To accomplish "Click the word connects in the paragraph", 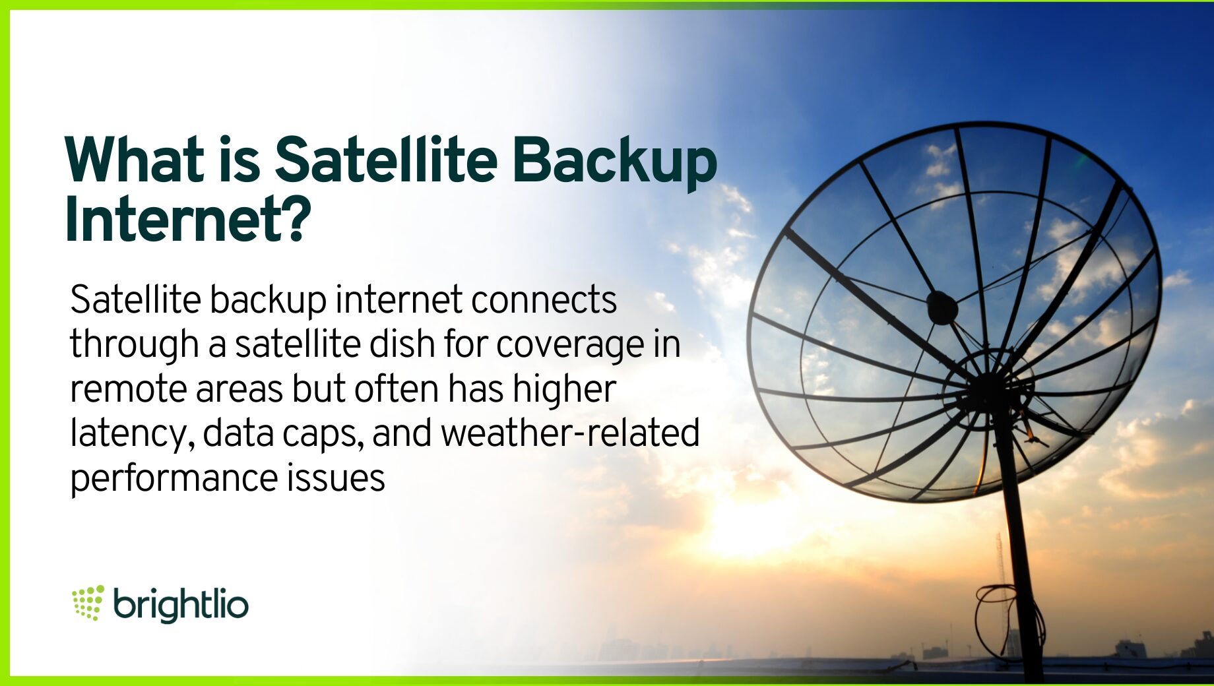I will coord(544,300).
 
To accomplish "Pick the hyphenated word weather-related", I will coord(570,433).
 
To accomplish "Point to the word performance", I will coord(174,479).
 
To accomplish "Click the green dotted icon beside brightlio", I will coord(88,602).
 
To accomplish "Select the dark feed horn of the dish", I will coord(942,307).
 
